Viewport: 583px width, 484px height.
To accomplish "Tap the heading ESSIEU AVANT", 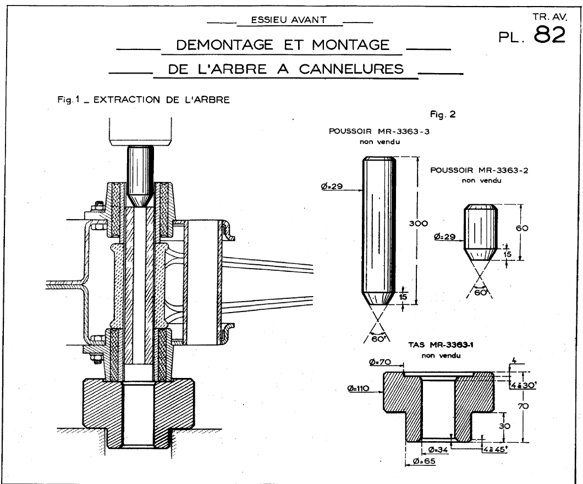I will click(x=288, y=20).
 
